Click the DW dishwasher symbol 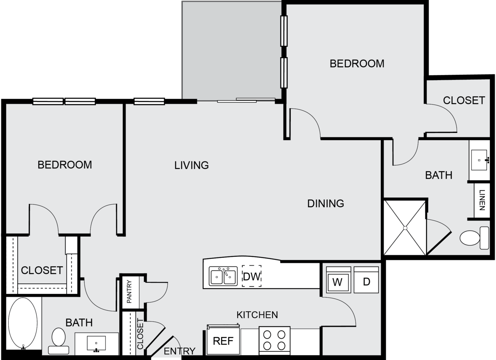tap(252, 276)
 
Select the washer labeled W tap(338, 280)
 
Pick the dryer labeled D tap(366, 280)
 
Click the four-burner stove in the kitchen tap(275, 341)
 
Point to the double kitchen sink tap(223, 276)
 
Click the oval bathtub tap(23, 323)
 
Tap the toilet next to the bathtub tap(58, 341)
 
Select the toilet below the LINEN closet tap(474, 238)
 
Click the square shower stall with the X tap(405, 228)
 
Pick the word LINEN tap(482, 200)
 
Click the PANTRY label tap(129, 292)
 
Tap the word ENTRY tap(180, 351)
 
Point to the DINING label tap(326, 203)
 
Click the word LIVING tap(192, 166)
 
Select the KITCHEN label tap(257, 315)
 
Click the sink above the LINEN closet tap(479, 160)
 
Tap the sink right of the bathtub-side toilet tap(96, 343)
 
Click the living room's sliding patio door tap(246, 100)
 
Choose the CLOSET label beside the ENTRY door tap(140, 334)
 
